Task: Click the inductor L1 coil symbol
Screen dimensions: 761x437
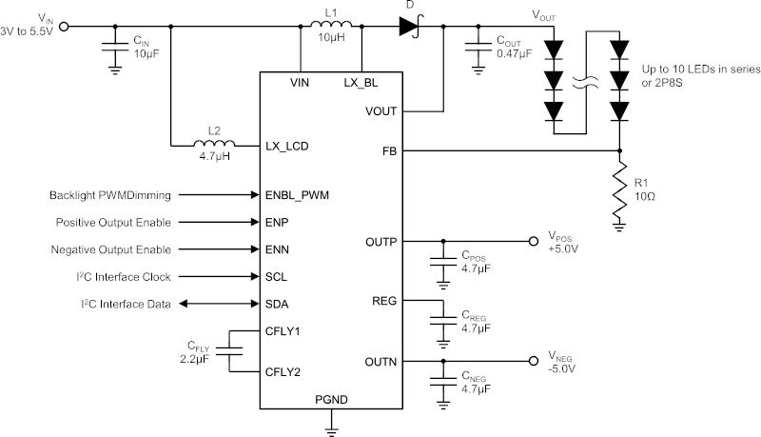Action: click(x=331, y=25)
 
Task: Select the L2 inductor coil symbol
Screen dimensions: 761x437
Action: click(x=214, y=143)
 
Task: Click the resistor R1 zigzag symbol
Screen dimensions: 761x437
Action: click(x=619, y=189)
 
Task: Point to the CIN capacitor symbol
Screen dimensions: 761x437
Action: click(x=115, y=47)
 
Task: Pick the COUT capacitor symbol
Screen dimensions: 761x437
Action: click(x=478, y=47)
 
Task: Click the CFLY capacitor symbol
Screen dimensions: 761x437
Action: click(x=229, y=351)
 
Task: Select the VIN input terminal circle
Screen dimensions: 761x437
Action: click(x=64, y=27)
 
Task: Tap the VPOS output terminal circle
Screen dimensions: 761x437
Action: click(x=534, y=241)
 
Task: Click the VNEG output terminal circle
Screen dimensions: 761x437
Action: click(x=534, y=361)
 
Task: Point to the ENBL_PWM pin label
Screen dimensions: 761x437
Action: click(x=297, y=195)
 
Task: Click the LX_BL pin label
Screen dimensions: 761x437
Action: click(x=361, y=83)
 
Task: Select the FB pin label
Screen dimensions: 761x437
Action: click(x=389, y=151)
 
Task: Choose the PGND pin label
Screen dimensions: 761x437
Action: click(x=331, y=400)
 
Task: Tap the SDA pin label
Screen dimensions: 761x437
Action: click(x=277, y=304)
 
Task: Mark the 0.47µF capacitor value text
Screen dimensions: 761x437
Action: click(x=514, y=53)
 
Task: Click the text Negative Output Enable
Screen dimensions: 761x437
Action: click(x=111, y=249)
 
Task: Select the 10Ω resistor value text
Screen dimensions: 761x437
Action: click(x=645, y=196)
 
